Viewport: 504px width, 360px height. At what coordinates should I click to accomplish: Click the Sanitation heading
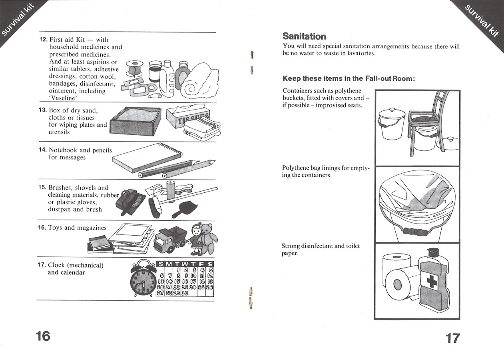point(304,36)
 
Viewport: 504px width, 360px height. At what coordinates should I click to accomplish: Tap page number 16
point(43,336)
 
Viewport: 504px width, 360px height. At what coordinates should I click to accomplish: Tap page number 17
point(452,338)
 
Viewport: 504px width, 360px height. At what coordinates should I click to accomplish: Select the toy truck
point(169,240)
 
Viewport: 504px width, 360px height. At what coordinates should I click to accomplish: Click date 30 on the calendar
point(184,293)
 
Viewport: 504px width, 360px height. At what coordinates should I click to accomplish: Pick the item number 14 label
point(43,150)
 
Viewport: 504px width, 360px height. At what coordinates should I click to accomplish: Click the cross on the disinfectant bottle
point(432,282)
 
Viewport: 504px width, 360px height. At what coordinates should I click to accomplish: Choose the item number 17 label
point(42,265)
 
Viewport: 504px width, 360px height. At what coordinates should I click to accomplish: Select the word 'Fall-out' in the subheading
point(378,78)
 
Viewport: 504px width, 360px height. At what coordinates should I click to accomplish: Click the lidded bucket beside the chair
point(392,124)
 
